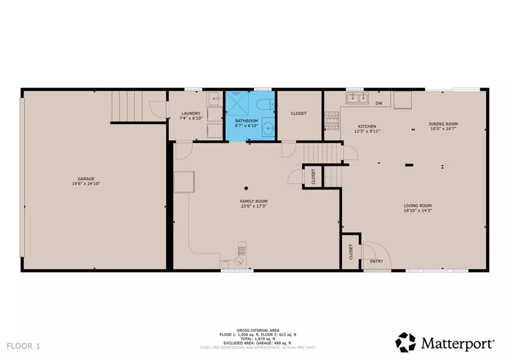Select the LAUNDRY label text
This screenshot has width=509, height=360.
click(190, 113)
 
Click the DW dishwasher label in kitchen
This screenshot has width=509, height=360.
click(379, 103)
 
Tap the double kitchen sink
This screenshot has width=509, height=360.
click(357, 98)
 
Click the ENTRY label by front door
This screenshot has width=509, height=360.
click(376, 261)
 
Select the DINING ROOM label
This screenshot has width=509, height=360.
click(443, 124)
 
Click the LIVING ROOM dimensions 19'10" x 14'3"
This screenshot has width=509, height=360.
click(418, 212)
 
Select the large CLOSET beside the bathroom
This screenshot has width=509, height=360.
click(299, 113)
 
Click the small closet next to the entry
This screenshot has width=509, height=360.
click(350, 251)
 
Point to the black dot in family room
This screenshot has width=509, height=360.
click(246, 188)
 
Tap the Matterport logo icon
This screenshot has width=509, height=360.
click(406, 342)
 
